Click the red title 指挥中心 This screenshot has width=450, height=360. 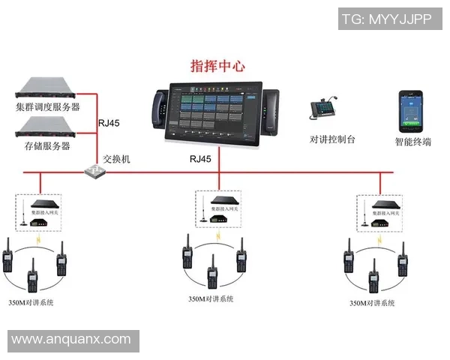[218, 65]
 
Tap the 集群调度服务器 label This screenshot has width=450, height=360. [47, 107]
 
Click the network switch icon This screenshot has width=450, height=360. [94, 171]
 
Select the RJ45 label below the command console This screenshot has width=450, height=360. [200, 159]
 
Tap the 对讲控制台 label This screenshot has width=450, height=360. [332, 139]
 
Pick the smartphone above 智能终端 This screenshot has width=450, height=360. [409, 109]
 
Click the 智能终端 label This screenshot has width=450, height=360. [412, 141]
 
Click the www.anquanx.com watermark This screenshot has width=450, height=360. [71, 339]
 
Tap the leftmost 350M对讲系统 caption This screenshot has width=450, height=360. [31, 302]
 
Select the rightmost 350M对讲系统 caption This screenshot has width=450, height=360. [372, 303]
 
